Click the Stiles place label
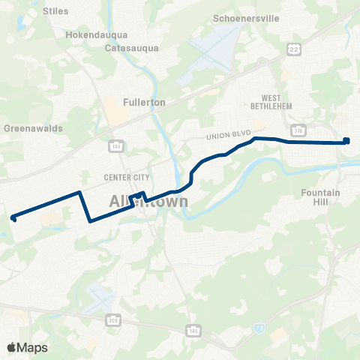click(x=55, y=11)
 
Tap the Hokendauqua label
click(x=97, y=34)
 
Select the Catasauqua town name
click(x=129, y=47)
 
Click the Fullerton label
click(x=145, y=101)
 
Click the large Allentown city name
click(x=148, y=202)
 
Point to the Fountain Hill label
click(x=320, y=197)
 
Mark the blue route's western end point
click(x=13, y=218)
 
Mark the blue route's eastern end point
click(x=346, y=139)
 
